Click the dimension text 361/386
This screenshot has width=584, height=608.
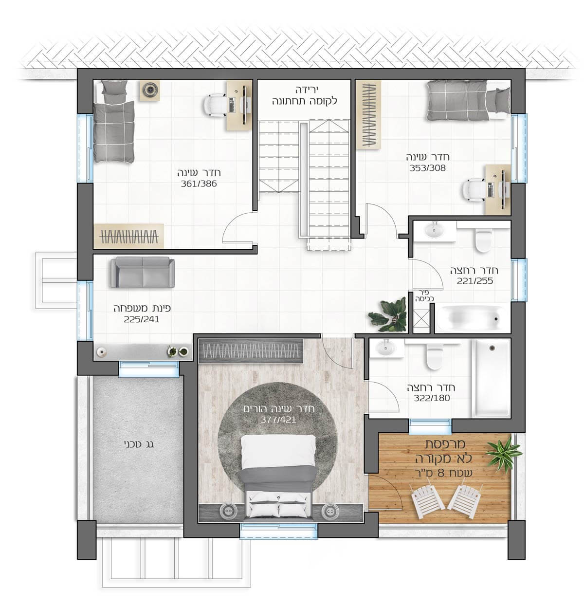199,184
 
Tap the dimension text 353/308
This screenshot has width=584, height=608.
428,168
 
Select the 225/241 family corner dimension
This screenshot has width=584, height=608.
142,319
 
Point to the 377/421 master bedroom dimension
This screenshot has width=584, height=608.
278,420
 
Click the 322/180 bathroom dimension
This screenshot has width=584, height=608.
432,398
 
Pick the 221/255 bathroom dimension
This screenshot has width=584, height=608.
475,281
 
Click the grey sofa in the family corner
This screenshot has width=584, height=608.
143,272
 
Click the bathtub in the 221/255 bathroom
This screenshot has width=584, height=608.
472,319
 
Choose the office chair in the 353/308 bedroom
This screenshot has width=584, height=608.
473,189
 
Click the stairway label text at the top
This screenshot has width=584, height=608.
305,95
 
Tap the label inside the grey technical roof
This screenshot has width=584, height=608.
138,444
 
